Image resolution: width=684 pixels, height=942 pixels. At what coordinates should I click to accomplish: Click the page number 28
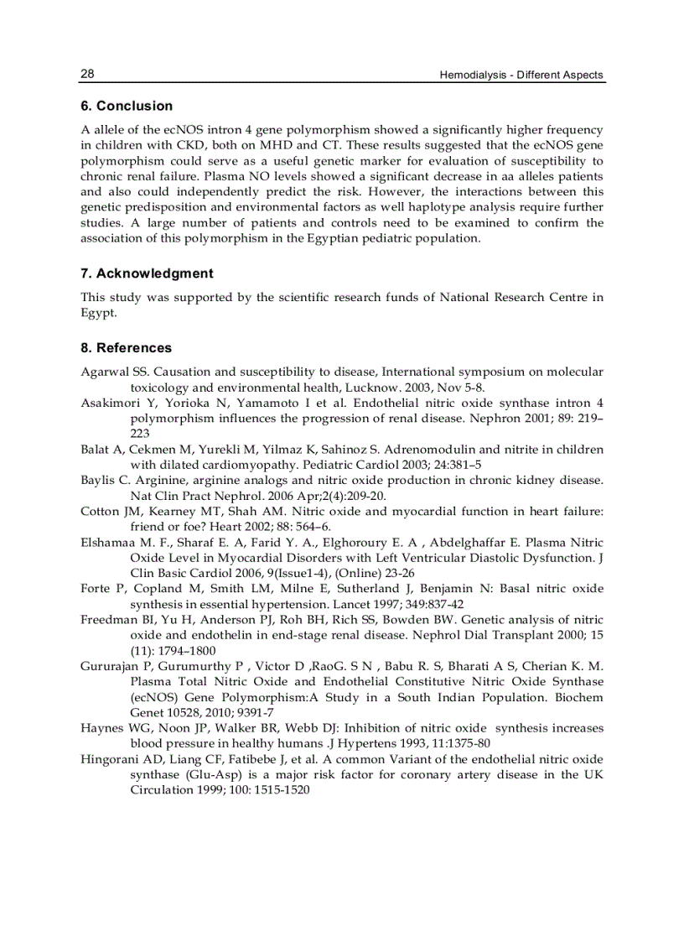pyautogui.click(x=87, y=74)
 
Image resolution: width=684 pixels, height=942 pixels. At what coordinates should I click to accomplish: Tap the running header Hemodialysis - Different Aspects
pyautogui.click(x=521, y=75)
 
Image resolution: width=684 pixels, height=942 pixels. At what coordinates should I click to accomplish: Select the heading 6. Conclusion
pyautogui.click(x=127, y=106)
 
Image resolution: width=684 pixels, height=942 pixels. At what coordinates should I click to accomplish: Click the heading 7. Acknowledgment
pyautogui.click(x=147, y=273)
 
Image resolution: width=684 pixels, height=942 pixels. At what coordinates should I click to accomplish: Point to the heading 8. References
pyautogui.click(x=126, y=347)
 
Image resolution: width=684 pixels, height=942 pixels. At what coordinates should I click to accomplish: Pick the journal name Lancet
pyautogui.click(x=348, y=604)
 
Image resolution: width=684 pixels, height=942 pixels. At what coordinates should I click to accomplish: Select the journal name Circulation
pyautogui.click(x=162, y=790)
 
